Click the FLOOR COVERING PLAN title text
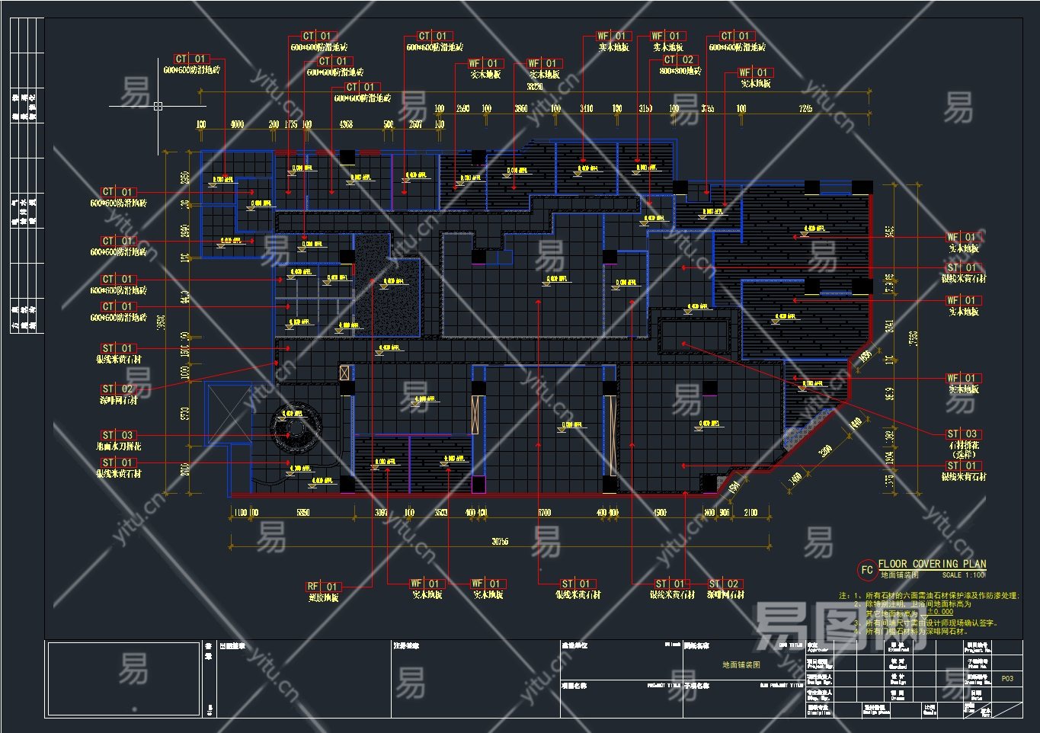click(x=932, y=565)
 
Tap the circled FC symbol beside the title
click(x=866, y=570)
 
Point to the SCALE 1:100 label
click(x=963, y=575)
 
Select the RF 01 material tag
click(x=323, y=587)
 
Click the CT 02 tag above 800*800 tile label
click(x=679, y=59)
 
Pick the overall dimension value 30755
click(x=500, y=542)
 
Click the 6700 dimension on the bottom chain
click(x=544, y=513)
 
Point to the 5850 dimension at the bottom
click(x=302, y=513)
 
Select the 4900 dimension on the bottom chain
click(x=660, y=513)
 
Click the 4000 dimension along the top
click(x=237, y=123)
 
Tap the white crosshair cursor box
click(x=158, y=106)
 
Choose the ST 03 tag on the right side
click(x=962, y=434)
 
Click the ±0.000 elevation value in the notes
click(x=940, y=612)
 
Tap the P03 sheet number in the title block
click(x=1007, y=678)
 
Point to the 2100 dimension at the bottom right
click(x=750, y=513)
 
